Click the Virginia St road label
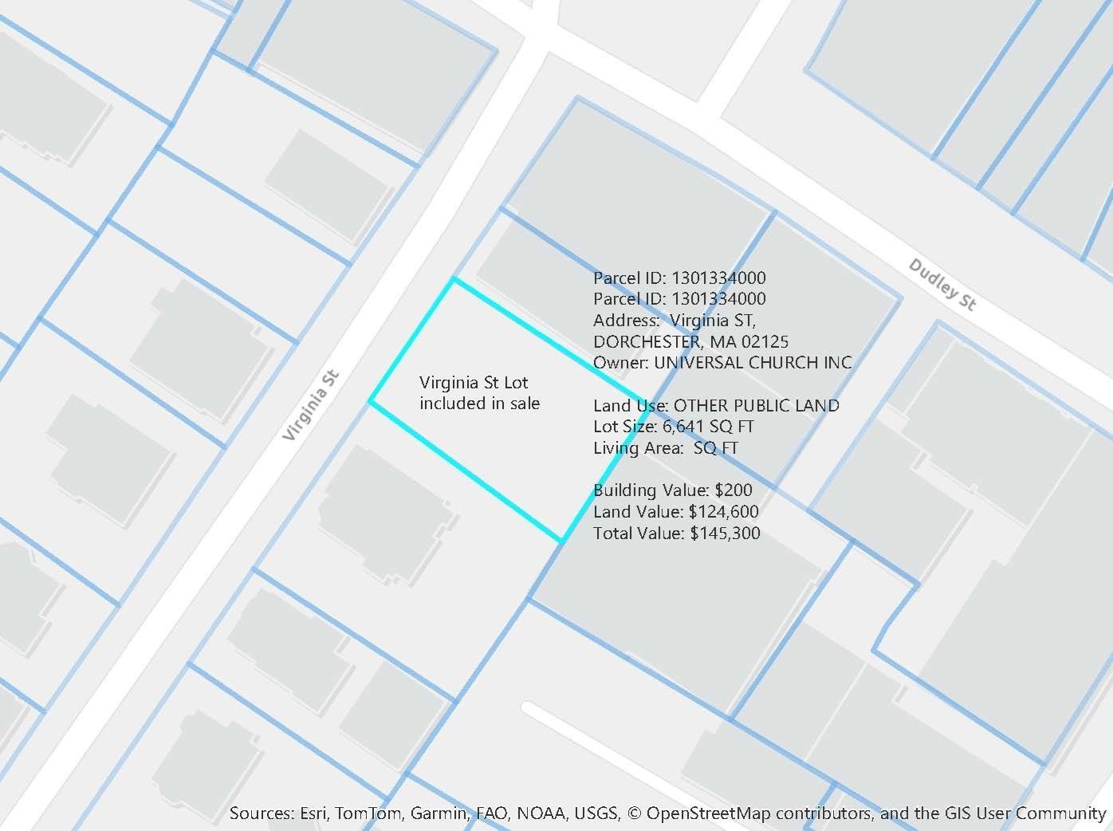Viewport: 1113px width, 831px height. pyautogui.click(x=312, y=406)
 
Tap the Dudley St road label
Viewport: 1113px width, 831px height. pyautogui.click(x=942, y=285)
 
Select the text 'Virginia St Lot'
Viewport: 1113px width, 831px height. pyautogui.click(x=474, y=383)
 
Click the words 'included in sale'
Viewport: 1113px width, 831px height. pyautogui.click(x=479, y=404)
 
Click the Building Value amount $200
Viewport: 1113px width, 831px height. pyautogui.click(x=733, y=490)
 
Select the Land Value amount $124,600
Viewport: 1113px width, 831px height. pyautogui.click(x=723, y=512)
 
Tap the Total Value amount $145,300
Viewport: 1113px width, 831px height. pyautogui.click(x=725, y=534)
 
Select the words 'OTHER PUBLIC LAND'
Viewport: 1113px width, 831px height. pyautogui.click(x=756, y=406)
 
